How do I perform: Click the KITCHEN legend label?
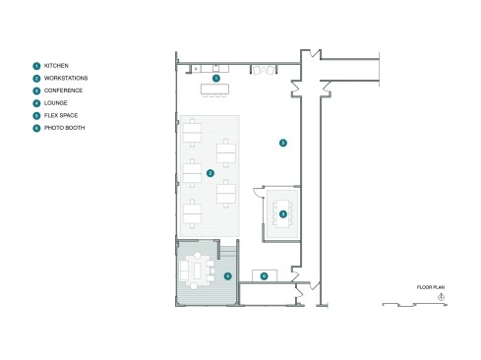pos(56,66)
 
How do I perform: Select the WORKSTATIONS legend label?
pos(66,78)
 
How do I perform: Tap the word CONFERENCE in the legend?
pos(63,90)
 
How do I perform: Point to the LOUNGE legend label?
pos(56,103)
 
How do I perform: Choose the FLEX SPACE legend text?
pos(61,115)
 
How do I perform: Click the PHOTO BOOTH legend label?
pos(64,128)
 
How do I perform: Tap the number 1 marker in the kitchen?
pos(216,78)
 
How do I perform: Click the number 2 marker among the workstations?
pos(210,173)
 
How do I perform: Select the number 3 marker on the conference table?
pos(283,214)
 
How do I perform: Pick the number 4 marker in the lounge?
pos(227,276)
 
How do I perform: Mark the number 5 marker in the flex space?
pos(283,143)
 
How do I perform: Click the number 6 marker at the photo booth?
pos(264,276)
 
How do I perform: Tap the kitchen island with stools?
pos(214,90)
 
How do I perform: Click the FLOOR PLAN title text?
pos(431,287)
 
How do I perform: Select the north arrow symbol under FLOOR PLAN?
pos(441,297)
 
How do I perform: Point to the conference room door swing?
pos(259,192)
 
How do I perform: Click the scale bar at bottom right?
pos(415,305)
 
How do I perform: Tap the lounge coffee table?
pos(198,270)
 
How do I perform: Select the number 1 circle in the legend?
pos(36,66)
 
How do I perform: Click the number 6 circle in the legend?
pos(36,128)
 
